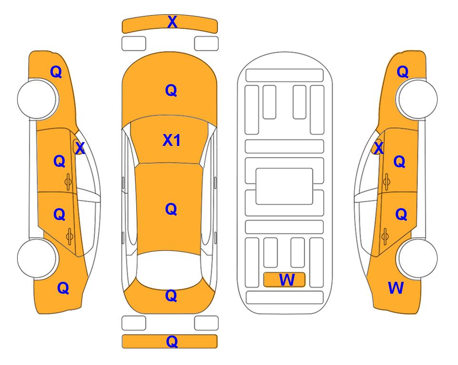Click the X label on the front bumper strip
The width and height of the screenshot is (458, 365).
pos(172,21)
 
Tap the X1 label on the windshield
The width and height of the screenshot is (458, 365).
pos(172,140)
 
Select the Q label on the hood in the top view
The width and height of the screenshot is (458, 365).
pos(171,90)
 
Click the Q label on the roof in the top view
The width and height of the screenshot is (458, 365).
pos(171,209)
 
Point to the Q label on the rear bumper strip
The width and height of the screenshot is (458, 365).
pos(172,341)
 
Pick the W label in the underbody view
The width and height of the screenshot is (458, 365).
pos(287,280)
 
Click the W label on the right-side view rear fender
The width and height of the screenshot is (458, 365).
pos(396,288)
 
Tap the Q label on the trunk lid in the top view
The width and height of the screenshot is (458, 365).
pos(171,296)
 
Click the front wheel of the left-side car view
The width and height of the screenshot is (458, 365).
pos(37,99)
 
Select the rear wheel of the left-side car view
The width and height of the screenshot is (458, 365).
pos(37,258)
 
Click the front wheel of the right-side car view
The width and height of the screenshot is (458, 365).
pos(417,99)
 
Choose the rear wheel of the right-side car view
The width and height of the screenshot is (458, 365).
pos(417,258)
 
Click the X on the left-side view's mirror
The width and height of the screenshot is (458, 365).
pos(80,148)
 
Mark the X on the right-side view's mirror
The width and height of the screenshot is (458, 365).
pos(379,148)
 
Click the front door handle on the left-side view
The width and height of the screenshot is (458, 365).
pos(68,182)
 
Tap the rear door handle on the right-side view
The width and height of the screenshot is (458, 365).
pos(385,237)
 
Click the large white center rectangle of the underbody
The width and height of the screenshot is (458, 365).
pos(284,186)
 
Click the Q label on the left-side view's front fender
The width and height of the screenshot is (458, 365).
pos(56,72)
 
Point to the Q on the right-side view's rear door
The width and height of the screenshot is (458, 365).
pos(401,214)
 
